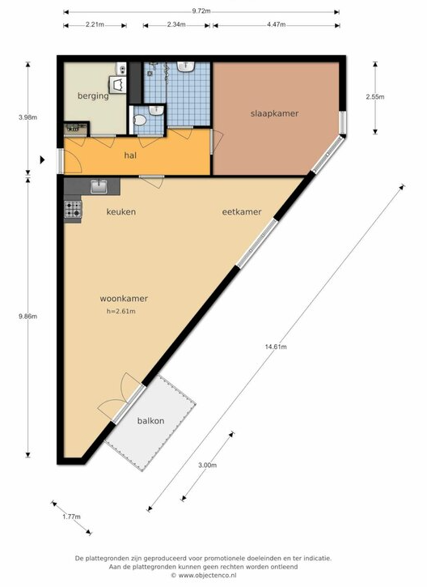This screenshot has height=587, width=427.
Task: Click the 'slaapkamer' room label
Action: [274, 113]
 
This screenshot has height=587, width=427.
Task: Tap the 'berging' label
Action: [93, 96]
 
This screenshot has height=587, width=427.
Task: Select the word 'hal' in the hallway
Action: [130, 155]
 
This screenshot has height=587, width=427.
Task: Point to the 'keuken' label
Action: [121, 212]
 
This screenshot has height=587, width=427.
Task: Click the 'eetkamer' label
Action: [242, 212]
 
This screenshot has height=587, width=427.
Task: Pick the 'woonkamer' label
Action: [124, 299]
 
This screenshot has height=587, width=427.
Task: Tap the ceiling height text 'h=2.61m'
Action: [121, 311]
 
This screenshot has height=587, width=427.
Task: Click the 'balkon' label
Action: [150, 421]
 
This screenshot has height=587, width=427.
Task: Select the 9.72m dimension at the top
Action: [201, 11]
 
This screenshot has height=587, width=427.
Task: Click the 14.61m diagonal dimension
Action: [276, 347]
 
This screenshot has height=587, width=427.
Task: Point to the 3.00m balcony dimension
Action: [207, 466]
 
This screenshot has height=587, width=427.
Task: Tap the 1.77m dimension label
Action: [71, 517]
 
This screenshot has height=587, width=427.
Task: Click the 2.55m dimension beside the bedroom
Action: [375, 97]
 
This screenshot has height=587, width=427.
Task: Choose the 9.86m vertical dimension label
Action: [27, 317]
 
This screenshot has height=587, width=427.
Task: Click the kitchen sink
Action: [99, 186]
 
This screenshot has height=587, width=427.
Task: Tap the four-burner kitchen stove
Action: [73, 209]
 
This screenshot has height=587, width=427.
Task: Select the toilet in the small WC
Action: [139, 120]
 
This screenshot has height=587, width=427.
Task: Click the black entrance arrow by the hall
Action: [43, 160]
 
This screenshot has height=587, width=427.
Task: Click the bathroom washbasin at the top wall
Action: [185, 66]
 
